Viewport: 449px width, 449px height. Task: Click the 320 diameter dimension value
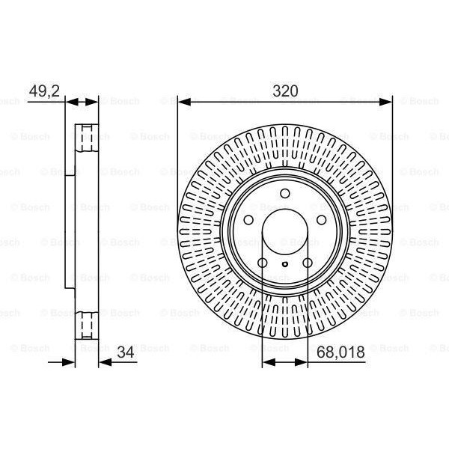point(285,92)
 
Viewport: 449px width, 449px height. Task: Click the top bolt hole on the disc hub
point(284,195)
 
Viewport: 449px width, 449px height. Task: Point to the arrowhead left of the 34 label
point(103,360)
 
